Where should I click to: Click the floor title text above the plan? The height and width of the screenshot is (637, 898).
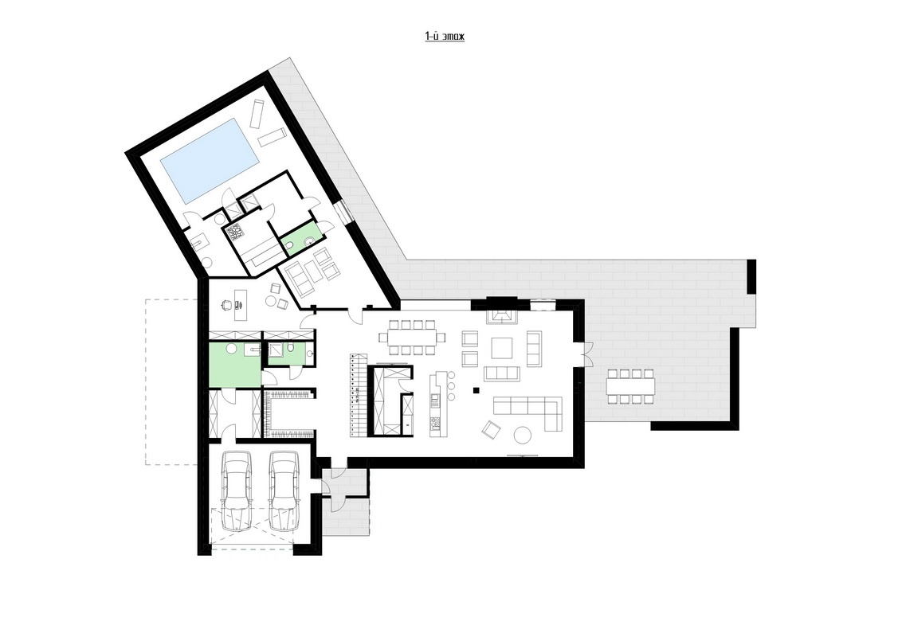coord(445,37)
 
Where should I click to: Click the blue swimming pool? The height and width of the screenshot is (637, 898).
coord(209,160)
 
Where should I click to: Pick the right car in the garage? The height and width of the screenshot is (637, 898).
coord(285,490)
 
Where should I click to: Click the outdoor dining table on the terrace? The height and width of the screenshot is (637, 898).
coord(631,387)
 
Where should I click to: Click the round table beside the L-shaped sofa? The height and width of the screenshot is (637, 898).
coord(524,436)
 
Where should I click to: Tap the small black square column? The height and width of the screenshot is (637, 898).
coord(476,390)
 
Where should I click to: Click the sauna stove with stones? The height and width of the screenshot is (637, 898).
coord(235,233)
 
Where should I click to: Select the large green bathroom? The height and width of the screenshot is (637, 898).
coord(235,364)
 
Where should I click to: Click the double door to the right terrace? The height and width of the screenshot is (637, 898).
coord(586,353)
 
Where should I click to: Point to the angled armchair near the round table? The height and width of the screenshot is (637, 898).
coord(490,428)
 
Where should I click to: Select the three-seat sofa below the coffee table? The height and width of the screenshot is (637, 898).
coord(502,373)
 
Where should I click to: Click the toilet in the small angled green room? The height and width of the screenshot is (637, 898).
coord(290,247)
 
